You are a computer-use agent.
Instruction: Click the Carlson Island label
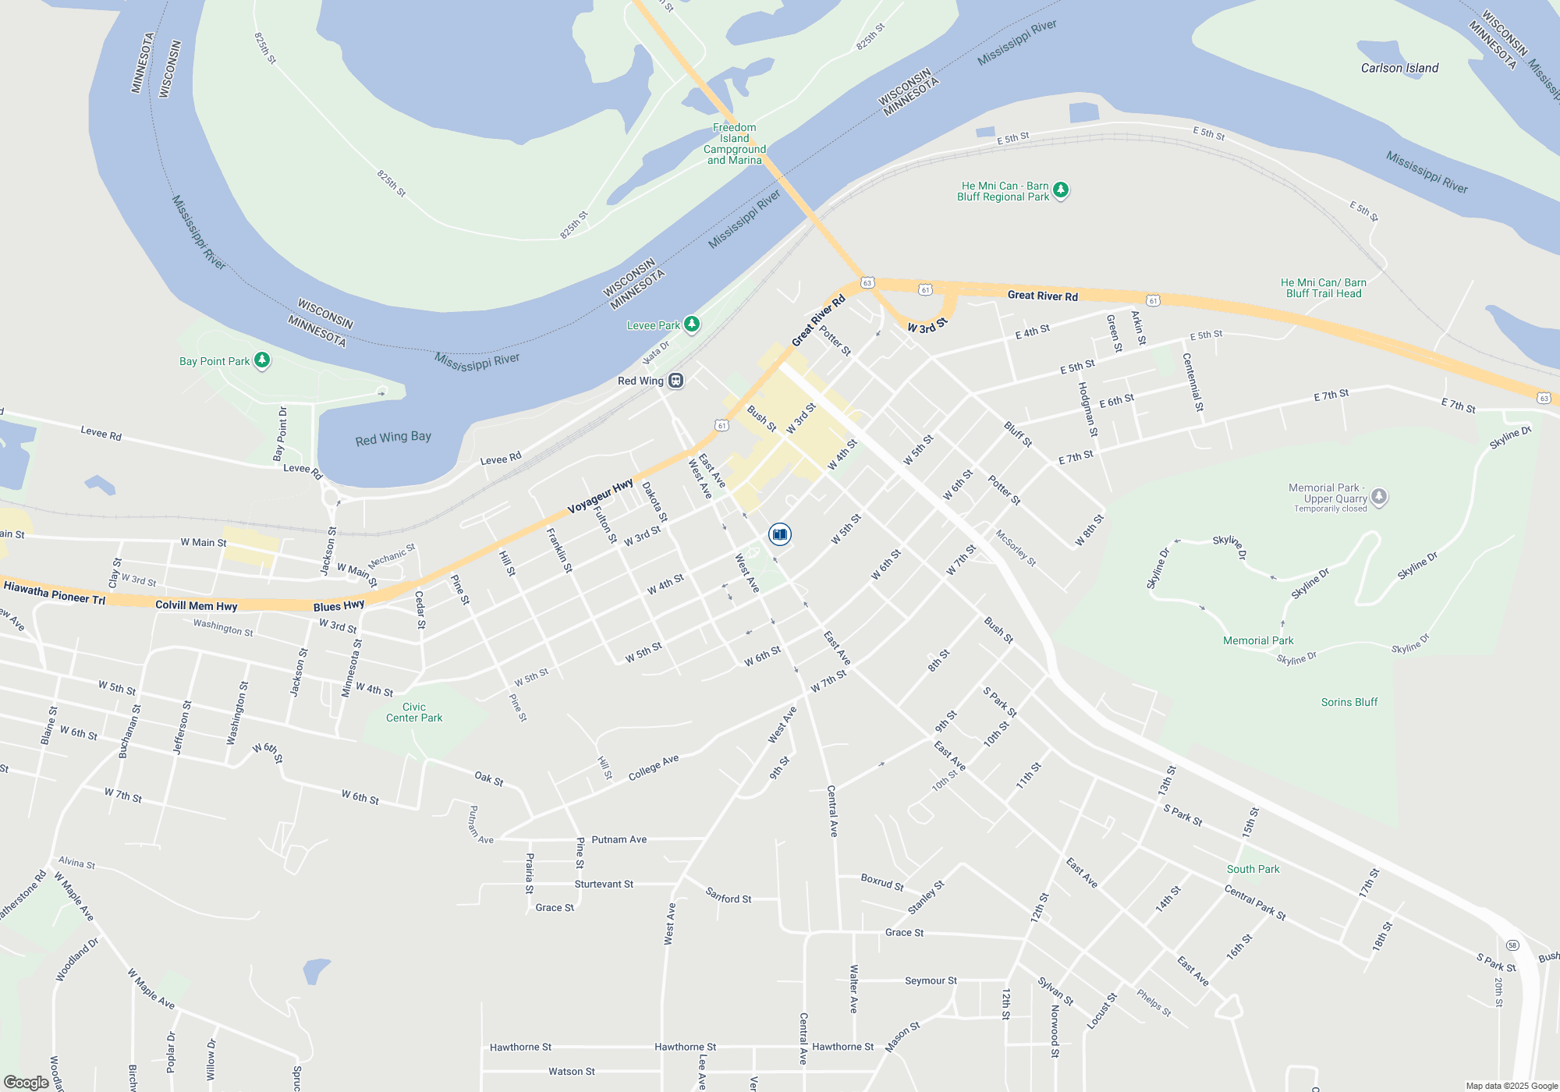tap(1399, 68)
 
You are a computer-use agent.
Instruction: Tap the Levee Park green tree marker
tap(692, 324)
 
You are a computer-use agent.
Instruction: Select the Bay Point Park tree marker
tap(262, 360)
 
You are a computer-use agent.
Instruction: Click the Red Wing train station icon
tap(676, 381)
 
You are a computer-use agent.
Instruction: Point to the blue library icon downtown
tap(779, 534)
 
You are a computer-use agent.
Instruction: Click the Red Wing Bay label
tap(393, 438)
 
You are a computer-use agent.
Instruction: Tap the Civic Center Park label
tap(414, 712)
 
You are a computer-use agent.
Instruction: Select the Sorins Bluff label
tap(1349, 702)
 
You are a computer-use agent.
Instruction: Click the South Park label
tap(1253, 869)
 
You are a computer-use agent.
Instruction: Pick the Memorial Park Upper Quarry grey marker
tap(1379, 496)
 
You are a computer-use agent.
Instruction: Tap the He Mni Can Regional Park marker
tap(1060, 190)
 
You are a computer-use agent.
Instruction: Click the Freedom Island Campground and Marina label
tap(734, 144)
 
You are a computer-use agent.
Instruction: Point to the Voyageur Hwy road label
tap(600, 497)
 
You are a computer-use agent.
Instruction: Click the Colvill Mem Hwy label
tap(196, 605)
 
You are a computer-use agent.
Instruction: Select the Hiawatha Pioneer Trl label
tap(55, 593)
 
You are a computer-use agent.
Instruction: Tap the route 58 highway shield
tap(1512, 945)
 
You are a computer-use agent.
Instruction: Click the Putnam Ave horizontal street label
tap(619, 839)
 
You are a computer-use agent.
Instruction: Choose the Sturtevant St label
tap(604, 884)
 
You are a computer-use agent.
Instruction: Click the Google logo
tap(27, 1083)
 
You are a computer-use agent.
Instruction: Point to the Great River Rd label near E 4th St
tap(1042, 296)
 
